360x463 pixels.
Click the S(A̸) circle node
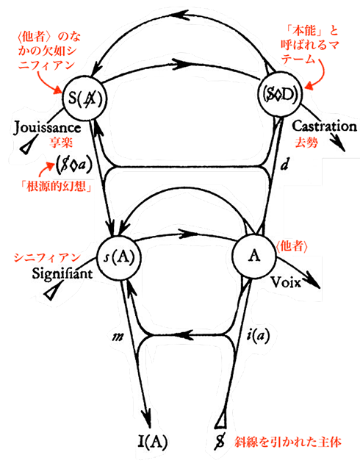pos(84,98)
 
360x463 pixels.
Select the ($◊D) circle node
pos(281,96)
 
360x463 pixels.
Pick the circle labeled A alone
pos(254,256)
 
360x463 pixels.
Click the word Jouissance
pos(47,128)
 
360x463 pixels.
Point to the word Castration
pos(324,126)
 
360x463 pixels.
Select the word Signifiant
pos(62,273)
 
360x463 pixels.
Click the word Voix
pos(286,283)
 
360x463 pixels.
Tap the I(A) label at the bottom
pos(153,442)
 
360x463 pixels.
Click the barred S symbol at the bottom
pos(220,442)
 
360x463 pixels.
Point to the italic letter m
pos(118,337)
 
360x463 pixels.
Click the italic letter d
pos(284,165)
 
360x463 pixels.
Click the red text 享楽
pos(61,143)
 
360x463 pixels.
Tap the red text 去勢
pos(306,143)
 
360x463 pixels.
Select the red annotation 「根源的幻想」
pos(56,186)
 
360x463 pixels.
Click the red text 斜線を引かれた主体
pos(288,442)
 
